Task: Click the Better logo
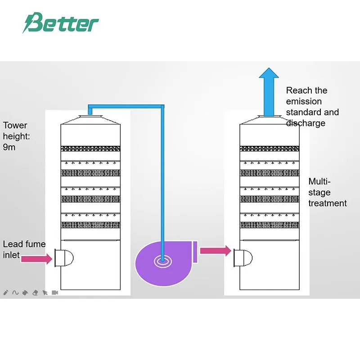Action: click(x=60, y=23)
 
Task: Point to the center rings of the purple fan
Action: click(x=161, y=260)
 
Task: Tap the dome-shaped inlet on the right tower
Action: click(x=243, y=258)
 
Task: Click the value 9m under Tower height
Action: click(x=9, y=147)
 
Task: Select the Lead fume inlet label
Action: click(x=24, y=250)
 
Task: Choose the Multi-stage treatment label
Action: click(x=327, y=193)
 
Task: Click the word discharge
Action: click(x=306, y=123)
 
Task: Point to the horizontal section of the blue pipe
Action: click(x=126, y=107)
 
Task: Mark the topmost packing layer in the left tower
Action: click(x=91, y=148)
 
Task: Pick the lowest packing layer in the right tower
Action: click(x=270, y=225)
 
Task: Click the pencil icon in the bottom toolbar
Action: click(x=6, y=292)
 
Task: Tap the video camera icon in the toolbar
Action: click(x=55, y=292)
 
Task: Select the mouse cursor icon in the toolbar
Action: click(x=45, y=292)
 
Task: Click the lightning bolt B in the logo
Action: click(x=32, y=23)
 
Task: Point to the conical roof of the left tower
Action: click(x=90, y=120)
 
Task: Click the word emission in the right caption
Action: click(x=304, y=101)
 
